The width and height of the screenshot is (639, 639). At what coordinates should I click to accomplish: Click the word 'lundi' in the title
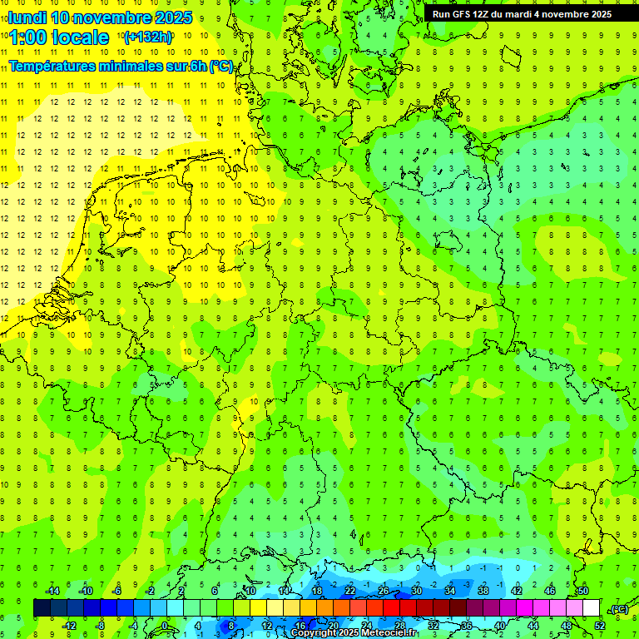(27, 17)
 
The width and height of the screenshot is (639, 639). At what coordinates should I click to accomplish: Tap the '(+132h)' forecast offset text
(148, 37)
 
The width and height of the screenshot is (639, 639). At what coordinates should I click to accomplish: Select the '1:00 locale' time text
(59, 37)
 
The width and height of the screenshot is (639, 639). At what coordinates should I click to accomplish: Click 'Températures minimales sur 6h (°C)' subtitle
(121, 67)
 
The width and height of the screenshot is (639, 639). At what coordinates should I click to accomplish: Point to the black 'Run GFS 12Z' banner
(522, 14)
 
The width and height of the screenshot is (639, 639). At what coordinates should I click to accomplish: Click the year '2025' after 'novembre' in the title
(174, 17)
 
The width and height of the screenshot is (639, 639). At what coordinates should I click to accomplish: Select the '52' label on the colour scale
(600, 626)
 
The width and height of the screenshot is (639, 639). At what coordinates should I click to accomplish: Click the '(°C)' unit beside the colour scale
(619, 609)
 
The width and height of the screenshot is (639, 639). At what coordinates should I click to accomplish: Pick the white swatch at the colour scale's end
(591, 608)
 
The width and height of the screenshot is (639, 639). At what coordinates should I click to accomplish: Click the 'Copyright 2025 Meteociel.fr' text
(354, 633)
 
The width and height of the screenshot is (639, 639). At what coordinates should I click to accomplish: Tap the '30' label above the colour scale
(416, 591)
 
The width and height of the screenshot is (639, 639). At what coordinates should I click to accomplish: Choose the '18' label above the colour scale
(316, 591)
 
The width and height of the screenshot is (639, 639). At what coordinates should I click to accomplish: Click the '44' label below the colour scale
(533, 626)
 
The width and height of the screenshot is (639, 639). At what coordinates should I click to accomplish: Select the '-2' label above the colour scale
(150, 591)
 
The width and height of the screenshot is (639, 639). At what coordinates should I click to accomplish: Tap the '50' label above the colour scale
(583, 591)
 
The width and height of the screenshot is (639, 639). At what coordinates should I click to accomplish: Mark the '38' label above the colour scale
(483, 591)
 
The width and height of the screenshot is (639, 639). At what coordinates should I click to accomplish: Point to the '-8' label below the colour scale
(101, 626)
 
